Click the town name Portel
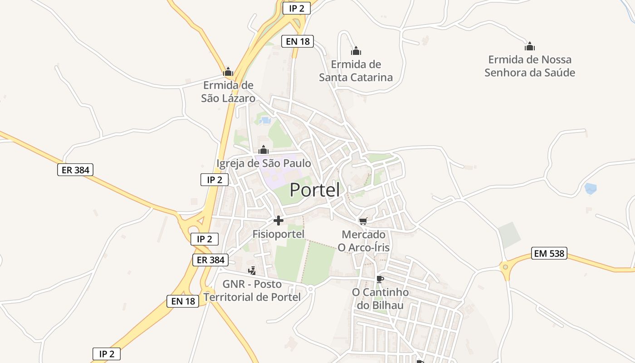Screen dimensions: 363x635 coord(314,190)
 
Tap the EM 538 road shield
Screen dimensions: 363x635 coord(549,253)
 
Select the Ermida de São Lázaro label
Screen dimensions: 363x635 coord(228,92)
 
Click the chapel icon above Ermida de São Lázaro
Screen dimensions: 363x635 coord(228,72)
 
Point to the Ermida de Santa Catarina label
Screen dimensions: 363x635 coord(356,71)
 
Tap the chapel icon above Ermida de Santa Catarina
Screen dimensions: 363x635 coord(356,51)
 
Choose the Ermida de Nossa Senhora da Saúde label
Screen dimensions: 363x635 coord(530,66)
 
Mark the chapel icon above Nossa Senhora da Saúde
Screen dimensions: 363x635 coord(530,46)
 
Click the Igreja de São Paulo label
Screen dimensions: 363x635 coord(264,163)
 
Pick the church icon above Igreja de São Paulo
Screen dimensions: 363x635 coord(264,149)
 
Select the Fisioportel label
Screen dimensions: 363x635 coord(278,234)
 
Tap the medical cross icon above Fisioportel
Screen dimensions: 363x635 coord(278,221)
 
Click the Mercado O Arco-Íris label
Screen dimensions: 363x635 coord(363,241)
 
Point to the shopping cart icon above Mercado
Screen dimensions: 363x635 coord(363,221)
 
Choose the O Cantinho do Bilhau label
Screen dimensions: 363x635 coord(380,299)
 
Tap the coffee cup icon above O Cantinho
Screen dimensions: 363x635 coord(380,279)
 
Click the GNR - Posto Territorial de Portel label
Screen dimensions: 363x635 coord(252,290)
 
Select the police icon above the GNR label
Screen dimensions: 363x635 coord(252,271)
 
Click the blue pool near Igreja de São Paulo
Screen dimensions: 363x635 coord(266,121)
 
